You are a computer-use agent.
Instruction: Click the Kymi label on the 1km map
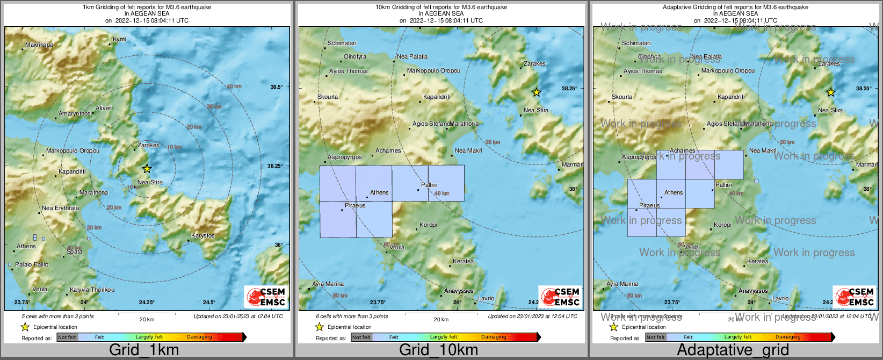click(x=119, y=39)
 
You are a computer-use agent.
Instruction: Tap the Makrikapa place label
click(x=39, y=45)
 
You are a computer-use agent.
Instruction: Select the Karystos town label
click(x=202, y=235)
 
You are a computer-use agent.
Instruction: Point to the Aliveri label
click(x=104, y=108)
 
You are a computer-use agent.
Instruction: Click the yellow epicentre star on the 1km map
click(x=147, y=169)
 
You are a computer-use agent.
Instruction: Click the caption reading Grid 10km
click(x=438, y=350)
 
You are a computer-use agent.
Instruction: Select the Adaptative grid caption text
click(x=733, y=350)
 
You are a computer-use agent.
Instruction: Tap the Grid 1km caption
click(x=144, y=350)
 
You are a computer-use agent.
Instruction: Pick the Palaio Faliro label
click(x=32, y=264)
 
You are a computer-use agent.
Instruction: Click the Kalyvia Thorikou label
click(x=92, y=290)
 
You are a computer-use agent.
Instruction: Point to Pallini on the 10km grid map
click(x=429, y=185)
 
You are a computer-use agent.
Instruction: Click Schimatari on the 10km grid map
click(x=342, y=43)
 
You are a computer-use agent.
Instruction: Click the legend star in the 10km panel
click(x=320, y=327)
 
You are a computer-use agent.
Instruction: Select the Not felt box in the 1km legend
click(x=67, y=337)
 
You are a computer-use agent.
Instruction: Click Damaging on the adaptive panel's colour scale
click(x=788, y=337)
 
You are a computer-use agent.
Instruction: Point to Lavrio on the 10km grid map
click(x=486, y=298)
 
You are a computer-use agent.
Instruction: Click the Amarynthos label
click(x=75, y=114)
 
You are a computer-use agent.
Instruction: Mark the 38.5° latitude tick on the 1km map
click(x=276, y=87)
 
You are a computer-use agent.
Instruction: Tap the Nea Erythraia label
click(x=60, y=208)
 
